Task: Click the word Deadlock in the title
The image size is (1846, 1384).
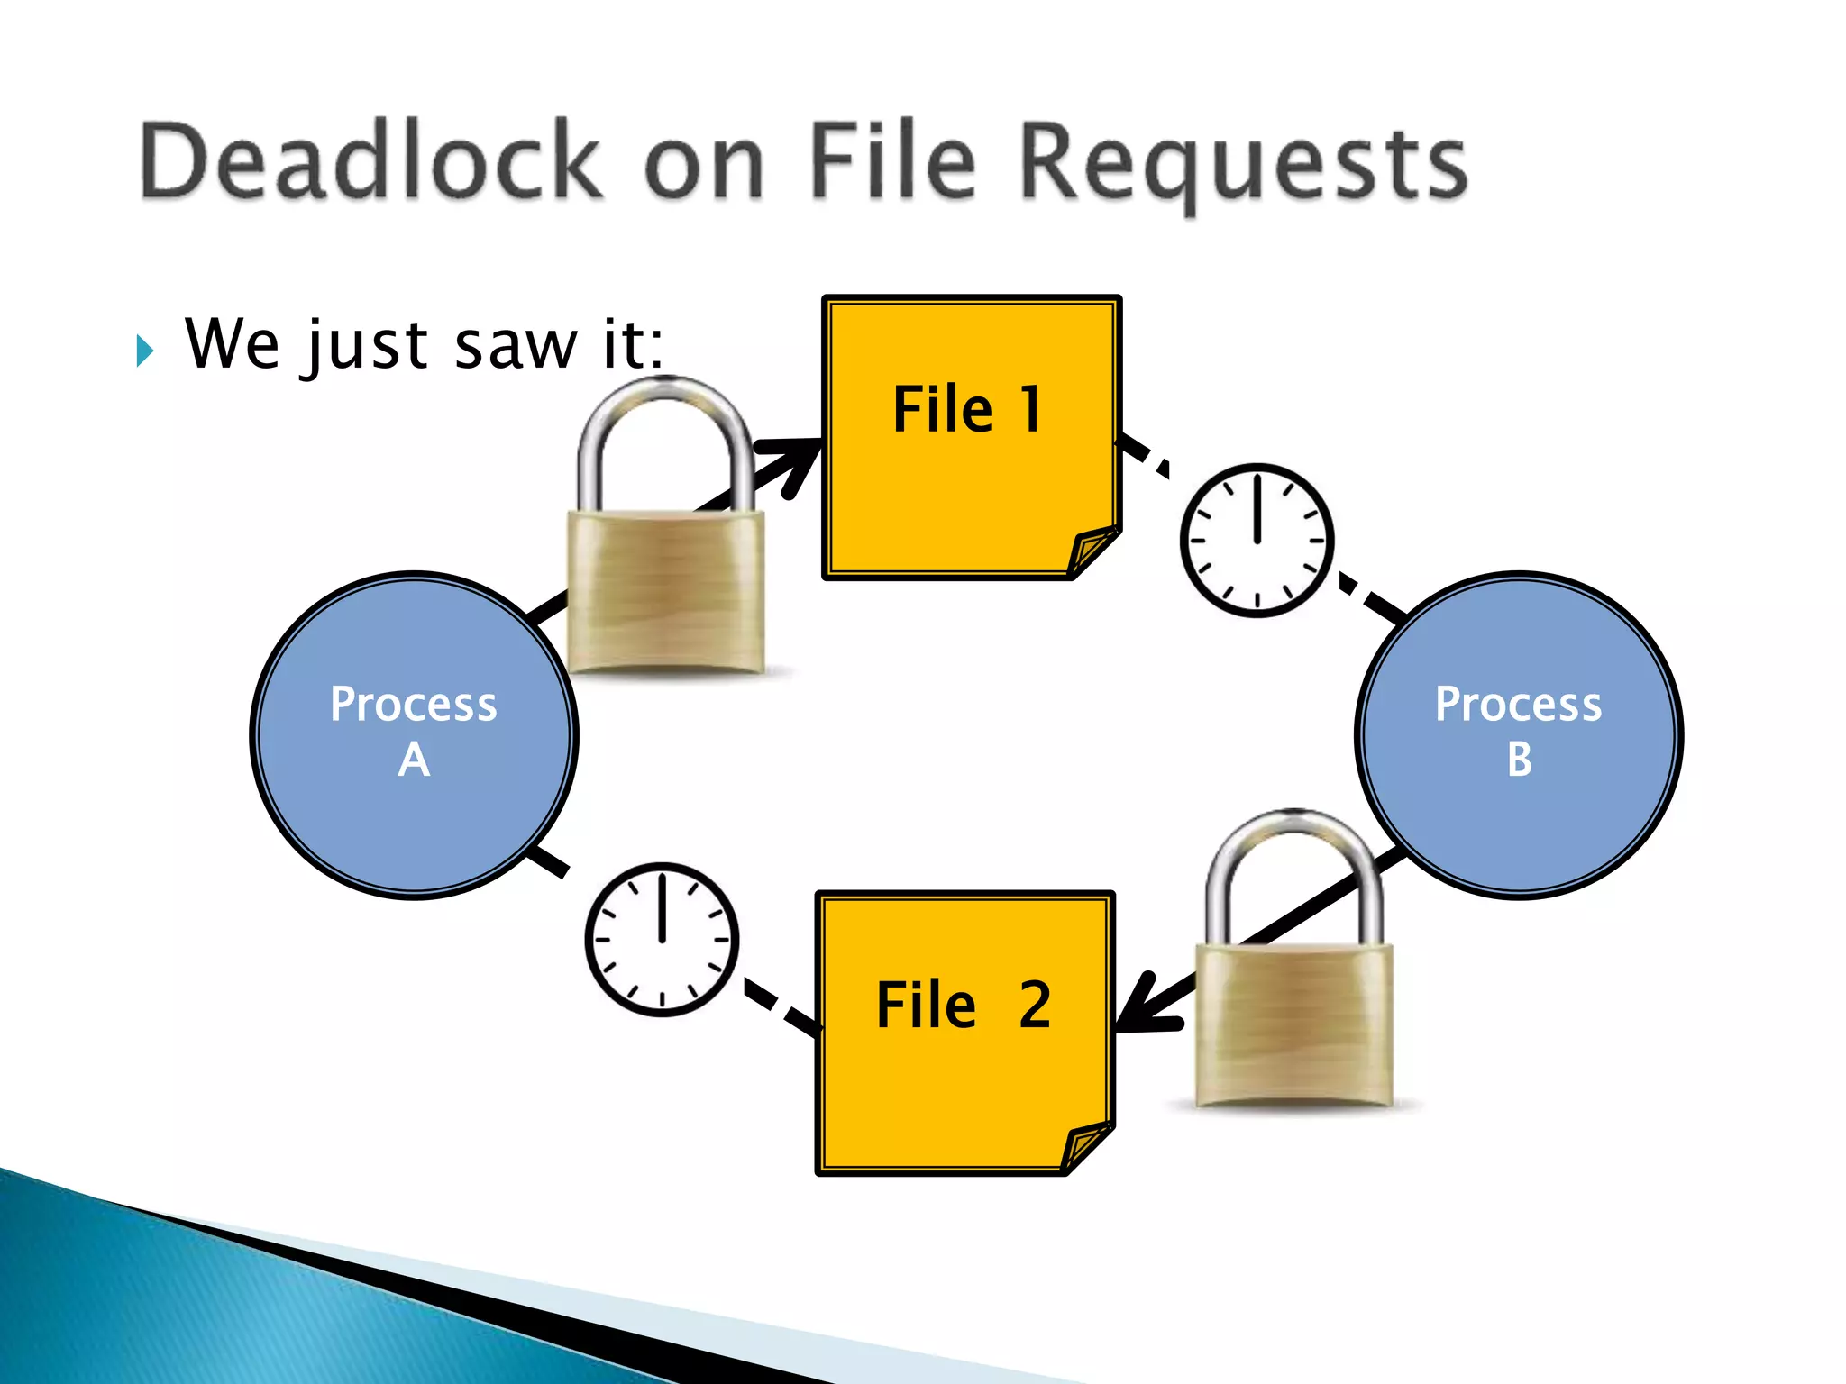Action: coord(370,162)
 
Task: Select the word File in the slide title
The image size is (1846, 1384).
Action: coord(892,162)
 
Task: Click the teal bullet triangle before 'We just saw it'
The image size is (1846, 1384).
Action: coord(145,350)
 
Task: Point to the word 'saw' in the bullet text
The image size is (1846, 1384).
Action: coord(516,345)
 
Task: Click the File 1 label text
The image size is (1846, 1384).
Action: coord(967,410)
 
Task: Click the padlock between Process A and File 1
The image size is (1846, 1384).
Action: coord(666,586)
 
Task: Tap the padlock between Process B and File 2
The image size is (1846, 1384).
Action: coord(1293,1023)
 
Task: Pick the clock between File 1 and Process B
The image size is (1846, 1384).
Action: coord(1257,541)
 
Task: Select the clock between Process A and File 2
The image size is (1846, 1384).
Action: coord(662,939)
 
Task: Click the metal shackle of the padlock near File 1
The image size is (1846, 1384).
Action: coord(666,423)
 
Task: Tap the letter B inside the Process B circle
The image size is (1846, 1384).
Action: coord(1519,760)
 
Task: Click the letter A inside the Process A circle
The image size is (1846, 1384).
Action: coord(414,760)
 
